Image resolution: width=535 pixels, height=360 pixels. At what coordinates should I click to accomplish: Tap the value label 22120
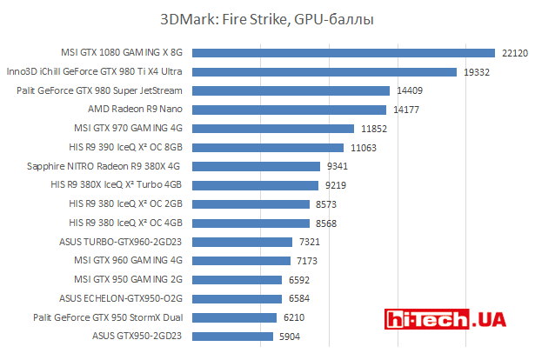514,53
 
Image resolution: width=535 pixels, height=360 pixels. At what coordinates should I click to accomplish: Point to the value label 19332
476,72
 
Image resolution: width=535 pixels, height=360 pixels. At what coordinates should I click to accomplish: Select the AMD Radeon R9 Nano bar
288,110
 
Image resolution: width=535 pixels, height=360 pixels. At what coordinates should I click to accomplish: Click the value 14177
405,110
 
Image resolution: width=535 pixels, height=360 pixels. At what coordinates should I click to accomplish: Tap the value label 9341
337,166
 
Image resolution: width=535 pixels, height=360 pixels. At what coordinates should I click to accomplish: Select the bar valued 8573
251,203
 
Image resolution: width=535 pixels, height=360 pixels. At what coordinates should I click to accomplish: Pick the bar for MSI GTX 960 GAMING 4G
241,260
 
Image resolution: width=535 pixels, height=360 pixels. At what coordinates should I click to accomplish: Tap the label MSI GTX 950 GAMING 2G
128,279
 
